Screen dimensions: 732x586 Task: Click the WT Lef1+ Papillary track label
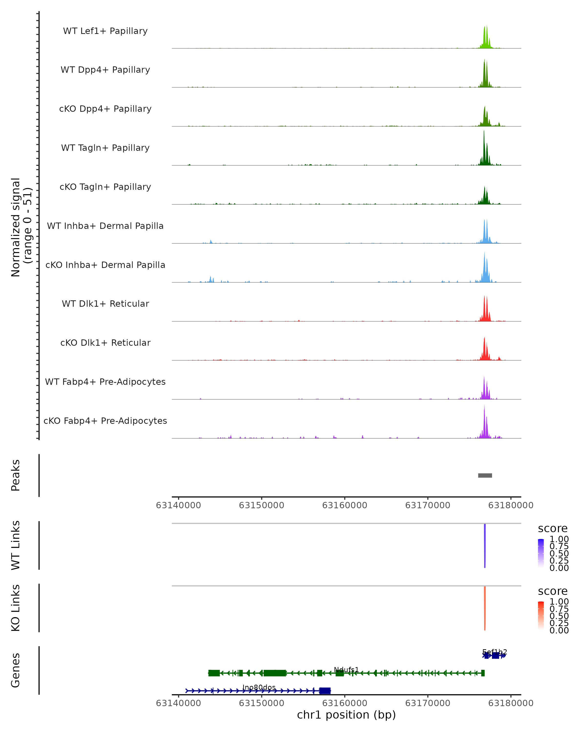point(105,31)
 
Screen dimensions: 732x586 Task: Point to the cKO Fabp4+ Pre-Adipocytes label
point(105,421)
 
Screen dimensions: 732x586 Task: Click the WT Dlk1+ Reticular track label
point(105,304)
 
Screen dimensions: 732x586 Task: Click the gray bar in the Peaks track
point(485,475)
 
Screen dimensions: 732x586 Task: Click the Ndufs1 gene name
point(346,670)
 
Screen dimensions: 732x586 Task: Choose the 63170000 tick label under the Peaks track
point(428,505)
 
